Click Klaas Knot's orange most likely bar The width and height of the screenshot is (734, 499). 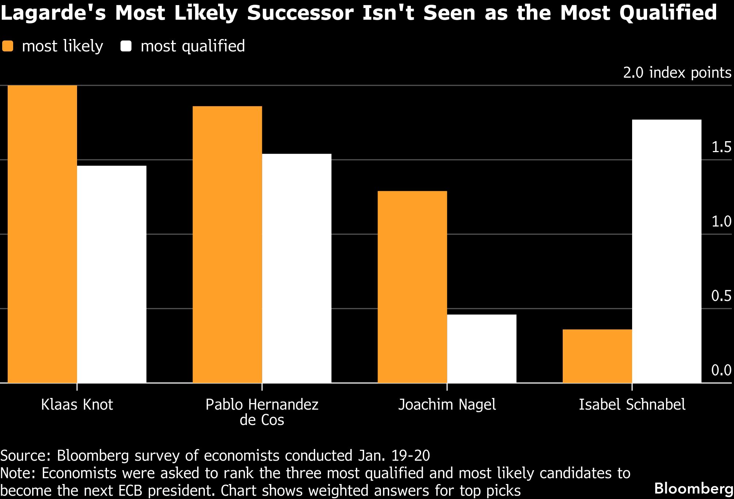[42, 234]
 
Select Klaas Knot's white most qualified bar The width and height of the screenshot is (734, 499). [112, 274]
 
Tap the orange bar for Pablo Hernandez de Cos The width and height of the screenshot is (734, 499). [227, 244]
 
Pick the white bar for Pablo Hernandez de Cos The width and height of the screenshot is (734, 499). [297, 268]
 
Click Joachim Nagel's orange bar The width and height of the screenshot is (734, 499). [412, 287]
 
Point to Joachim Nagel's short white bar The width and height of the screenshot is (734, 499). [482, 348]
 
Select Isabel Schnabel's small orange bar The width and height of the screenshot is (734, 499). [597, 356]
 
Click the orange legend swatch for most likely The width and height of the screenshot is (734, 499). [8, 46]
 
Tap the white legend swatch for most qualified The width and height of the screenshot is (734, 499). [126, 46]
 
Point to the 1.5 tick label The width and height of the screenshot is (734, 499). [721, 147]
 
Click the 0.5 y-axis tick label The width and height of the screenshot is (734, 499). [721, 296]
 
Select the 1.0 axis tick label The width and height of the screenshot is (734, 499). [721, 221]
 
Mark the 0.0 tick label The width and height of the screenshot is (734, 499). [721, 370]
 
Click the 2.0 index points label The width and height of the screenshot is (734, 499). [677, 73]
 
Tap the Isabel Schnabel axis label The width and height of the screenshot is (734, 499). [632, 405]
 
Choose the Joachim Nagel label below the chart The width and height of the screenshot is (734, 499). [447, 405]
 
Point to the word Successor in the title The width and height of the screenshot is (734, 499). [300, 13]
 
